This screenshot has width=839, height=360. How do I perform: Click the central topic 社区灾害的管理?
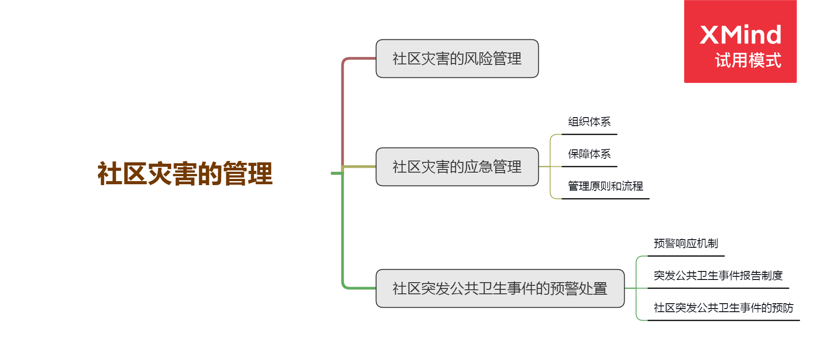[x=185, y=174]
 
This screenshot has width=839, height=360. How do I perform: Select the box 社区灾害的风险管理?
[x=457, y=59]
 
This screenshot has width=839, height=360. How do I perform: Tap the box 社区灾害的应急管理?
[x=457, y=167]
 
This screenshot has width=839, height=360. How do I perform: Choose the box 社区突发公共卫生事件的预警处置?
[x=500, y=288]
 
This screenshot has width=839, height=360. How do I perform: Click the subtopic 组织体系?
[x=589, y=122]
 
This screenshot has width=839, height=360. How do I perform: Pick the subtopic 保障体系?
[x=589, y=154]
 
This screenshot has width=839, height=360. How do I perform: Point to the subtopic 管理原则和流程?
[x=605, y=186]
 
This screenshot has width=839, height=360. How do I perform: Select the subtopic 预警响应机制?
[x=686, y=243]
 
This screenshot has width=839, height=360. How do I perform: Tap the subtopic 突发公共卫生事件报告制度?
[x=718, y=275]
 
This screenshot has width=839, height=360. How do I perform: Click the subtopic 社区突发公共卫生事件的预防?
[x=723, y=308]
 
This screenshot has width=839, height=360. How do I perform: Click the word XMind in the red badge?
[x=740, y=35]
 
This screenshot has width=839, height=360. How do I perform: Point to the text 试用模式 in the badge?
[x=748, y=60]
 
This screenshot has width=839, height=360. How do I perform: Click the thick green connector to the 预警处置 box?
[x=343, y=233]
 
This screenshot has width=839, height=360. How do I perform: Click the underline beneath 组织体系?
[x=589, y=134]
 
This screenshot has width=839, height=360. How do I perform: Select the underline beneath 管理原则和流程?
[x=605, y=199]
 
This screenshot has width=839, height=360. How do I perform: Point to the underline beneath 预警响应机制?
[x=686, y=256]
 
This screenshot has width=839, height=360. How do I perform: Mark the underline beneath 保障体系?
[x=589, y=166]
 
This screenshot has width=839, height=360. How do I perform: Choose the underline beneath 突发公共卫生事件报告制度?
[x=718, y=288]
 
